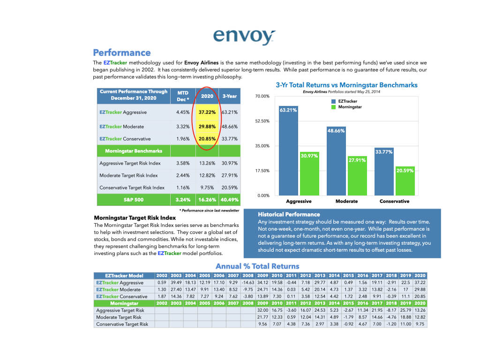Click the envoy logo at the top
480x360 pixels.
pos(244,36)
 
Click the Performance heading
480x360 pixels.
pos(121,52)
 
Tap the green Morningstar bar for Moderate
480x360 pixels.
pos(357,176)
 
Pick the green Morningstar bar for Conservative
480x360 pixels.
pos(405,181)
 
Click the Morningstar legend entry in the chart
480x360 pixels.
pos(350,107)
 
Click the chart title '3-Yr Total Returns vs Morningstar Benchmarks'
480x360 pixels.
pos(346,85)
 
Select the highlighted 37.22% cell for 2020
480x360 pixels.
pos(206,112)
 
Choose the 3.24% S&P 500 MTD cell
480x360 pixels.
pos(183,199)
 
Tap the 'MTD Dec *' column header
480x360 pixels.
pos(182,96)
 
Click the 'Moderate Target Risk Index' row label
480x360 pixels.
pos(128,175)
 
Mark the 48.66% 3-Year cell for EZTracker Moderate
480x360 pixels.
pos(230,127)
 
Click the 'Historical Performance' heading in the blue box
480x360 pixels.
pos(289,214)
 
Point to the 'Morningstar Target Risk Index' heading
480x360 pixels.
pos(135,218)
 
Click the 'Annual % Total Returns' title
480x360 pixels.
pos(257,266)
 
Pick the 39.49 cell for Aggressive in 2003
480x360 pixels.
pos(177,283)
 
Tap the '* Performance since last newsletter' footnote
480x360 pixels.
pos(209,210)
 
